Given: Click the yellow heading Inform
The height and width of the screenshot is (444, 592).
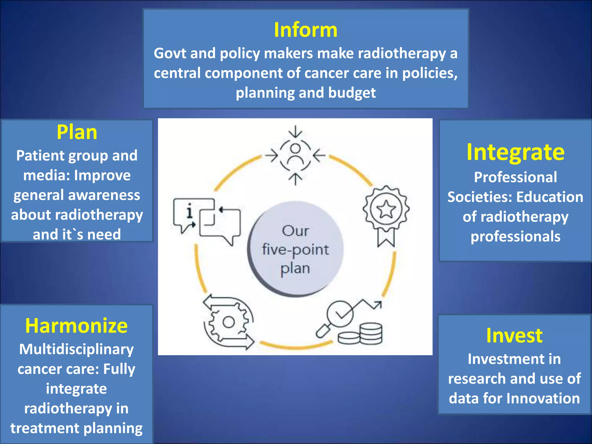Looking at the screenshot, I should coord(306,30).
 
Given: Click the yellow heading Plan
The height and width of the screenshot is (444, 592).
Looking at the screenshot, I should coord(77,132).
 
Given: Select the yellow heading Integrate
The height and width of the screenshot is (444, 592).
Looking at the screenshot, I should coord(515,152).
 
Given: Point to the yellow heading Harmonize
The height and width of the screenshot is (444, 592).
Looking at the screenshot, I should coord(76,326).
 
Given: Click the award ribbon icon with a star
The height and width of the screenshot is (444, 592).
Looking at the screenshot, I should coord(386,215).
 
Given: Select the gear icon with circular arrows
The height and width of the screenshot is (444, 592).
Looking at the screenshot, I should coord(228,322).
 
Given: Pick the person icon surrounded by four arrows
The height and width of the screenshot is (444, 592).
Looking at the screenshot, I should coord(295,155).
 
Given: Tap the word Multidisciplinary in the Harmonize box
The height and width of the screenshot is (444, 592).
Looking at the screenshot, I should coord(76,349).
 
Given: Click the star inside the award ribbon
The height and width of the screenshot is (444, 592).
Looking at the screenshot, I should coord(386,209).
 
